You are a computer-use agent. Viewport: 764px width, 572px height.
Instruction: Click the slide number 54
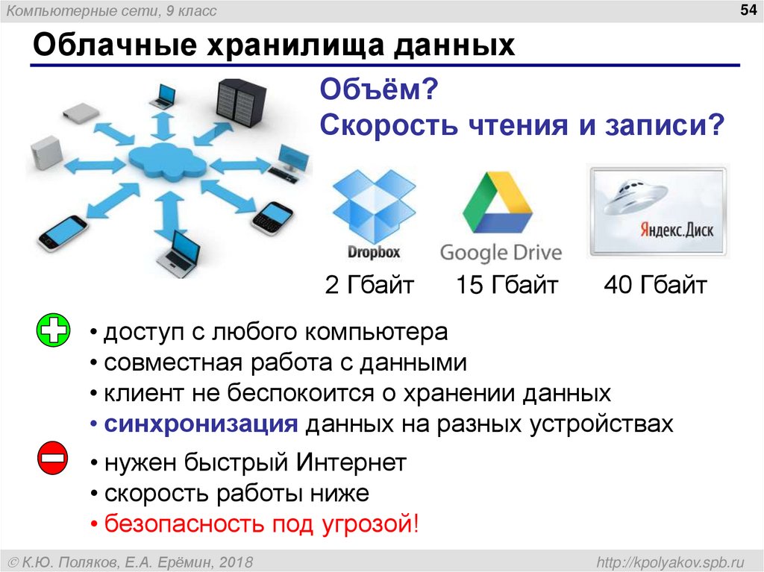[748, 10]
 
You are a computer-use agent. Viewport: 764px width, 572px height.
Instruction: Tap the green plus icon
[53, 330]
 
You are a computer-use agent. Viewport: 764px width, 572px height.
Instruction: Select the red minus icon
[53, 457]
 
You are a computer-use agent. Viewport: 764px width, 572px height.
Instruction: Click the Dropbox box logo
[374, 206]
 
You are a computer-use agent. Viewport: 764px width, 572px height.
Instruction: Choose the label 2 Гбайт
[369, 285]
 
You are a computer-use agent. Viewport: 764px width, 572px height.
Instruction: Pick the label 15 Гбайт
[507, 285]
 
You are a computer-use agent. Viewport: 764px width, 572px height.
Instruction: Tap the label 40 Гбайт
[655, 285]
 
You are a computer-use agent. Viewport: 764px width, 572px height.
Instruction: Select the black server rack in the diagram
[241, 104]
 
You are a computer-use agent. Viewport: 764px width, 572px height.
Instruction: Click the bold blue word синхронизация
[201, 424]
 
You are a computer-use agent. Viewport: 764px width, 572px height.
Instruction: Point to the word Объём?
[379, 89]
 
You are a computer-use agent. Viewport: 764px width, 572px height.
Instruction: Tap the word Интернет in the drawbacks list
[351, 462]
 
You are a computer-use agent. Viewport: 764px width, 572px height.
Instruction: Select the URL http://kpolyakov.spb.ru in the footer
[671, 562]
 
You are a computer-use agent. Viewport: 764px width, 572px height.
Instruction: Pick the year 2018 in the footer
[236, 562]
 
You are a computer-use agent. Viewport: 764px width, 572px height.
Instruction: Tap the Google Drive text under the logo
[501, 253]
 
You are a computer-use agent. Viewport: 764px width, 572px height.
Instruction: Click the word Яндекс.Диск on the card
[677, 229]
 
